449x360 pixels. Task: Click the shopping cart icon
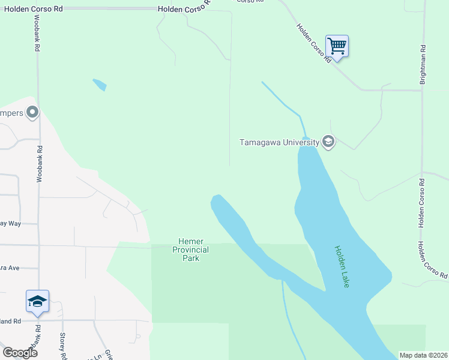tap(337, 46)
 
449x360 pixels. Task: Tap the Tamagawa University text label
tap(279, 142)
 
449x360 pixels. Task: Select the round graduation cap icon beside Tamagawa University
tap(328, 142)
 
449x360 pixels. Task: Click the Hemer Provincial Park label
tap(190, 250)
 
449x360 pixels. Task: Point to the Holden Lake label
tap(342, 266)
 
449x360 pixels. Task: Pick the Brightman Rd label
tap(423, 64)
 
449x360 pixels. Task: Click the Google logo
tap(20, 353)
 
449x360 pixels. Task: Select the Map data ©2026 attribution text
tap(424, 355)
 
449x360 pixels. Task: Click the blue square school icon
tap(37, 301)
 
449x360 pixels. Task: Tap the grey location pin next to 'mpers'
tap(32, 112)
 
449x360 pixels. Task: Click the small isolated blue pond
tap(100, 85)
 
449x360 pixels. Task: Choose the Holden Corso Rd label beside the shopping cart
tap(313, 43)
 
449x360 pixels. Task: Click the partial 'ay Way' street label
tap(10, 223)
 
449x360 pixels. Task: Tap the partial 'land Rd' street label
tap(10, 321)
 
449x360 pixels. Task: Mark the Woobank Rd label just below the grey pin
tap(40, 164)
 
